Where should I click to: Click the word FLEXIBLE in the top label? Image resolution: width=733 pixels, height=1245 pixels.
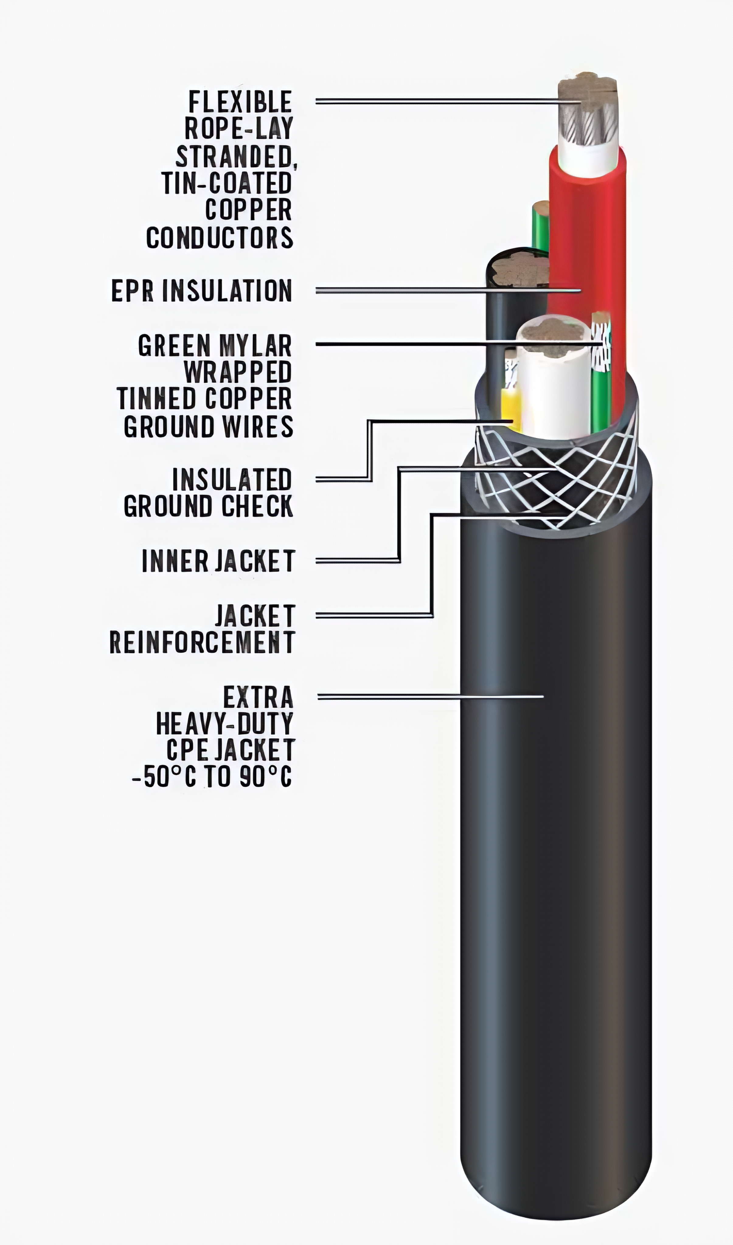click(240, 102)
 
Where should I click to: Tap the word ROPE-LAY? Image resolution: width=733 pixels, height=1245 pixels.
click(239, 129)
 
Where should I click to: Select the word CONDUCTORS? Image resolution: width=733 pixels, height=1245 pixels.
click(220, 238)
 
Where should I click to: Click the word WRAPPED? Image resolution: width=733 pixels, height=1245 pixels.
click(238, 372)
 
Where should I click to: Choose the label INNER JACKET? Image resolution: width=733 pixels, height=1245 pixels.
click(218, 561)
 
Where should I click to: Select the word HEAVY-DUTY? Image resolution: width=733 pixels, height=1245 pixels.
click(225, 724)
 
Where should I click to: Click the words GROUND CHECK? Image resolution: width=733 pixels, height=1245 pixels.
click(209, 506)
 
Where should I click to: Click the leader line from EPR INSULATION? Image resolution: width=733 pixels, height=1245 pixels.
click(448, 291)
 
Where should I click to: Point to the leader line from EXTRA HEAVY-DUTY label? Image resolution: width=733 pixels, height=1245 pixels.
click(430, 697)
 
